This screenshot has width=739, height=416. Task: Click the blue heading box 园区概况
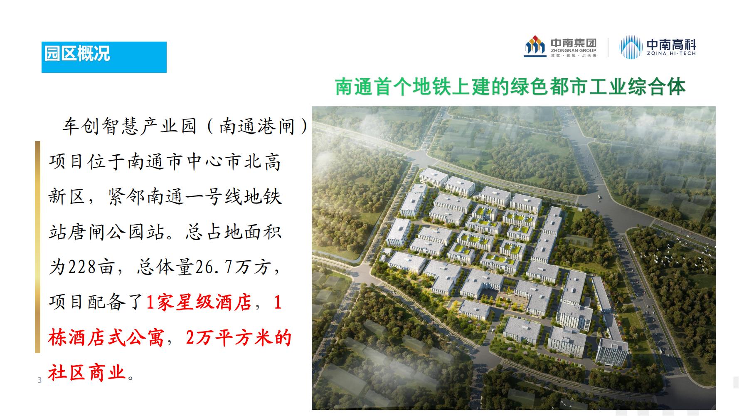click(x=104, y=57)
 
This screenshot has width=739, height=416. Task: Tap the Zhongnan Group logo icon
click(x=535, y=47)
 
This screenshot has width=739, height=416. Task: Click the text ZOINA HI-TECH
click(x=671, y=53)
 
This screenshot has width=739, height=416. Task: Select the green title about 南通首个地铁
click(x=510, y=87)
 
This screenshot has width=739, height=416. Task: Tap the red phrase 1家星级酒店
click(x=199, y=302)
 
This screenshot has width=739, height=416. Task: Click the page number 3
click(x=39, y=380)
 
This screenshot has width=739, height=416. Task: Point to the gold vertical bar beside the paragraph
click(x=37, y=247)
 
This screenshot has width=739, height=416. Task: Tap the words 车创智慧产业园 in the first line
click(x=129, y=126)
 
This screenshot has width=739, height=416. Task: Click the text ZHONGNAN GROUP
click(x=574, y=50)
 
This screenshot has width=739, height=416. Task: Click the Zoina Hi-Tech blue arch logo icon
click(x=631, y=47)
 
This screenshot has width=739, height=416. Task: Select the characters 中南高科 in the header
click(x=671, y=44)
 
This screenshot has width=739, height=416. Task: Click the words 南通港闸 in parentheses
click(x=258, y=126)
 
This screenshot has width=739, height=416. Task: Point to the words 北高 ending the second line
click(x=262, y=161)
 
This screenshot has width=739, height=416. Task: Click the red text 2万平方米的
click(x=239, y=338)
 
